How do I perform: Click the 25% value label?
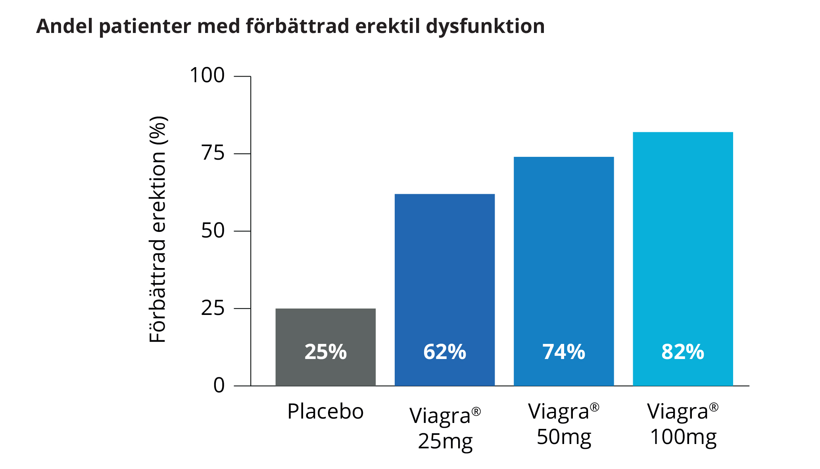[325, 352]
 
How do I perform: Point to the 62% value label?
[444, 352]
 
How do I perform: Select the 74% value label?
[563, 352]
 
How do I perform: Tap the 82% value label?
[682, 352]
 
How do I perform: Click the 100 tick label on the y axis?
[207, 75]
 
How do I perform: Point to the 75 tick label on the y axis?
[213, 153]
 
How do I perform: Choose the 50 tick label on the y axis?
[213, 231]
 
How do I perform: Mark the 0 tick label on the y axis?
[219, 385]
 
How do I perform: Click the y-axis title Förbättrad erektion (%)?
[157, 229]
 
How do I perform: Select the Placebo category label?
[325, 411]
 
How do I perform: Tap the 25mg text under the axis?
[445, 441]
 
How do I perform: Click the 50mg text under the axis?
[564, 437]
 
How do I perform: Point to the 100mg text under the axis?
[683, 437]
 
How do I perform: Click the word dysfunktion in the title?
[485, 27]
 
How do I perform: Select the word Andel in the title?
[65, 26]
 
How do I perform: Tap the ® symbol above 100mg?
[714, 407]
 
